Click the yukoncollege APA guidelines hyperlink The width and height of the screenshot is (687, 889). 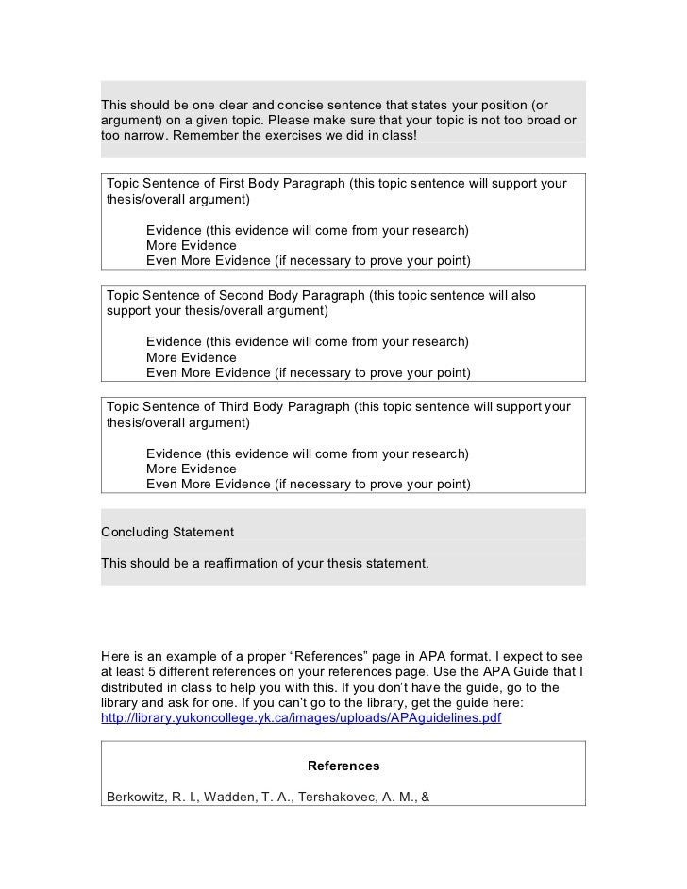300,717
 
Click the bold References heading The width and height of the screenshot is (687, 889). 343,766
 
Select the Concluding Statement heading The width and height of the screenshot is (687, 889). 167,533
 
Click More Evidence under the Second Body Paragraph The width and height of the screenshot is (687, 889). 192,357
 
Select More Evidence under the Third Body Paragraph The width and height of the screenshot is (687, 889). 192,469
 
